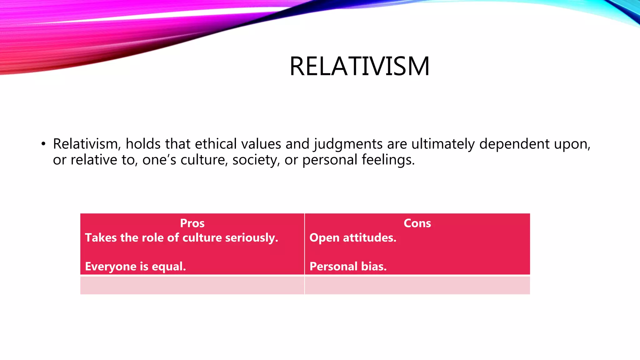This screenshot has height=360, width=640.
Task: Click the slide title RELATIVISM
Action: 359,66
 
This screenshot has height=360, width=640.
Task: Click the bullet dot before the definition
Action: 43,144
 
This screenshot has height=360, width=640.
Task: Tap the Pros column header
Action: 192,223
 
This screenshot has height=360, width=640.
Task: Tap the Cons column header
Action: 417,223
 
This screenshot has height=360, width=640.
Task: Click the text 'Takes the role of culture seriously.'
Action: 181,238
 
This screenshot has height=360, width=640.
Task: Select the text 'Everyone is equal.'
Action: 135,267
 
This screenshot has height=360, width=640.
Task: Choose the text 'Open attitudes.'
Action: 353,238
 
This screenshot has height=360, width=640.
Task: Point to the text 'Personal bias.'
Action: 348,267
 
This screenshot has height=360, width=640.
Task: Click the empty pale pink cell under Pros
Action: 192,285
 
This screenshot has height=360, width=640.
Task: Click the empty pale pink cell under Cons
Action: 417,285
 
